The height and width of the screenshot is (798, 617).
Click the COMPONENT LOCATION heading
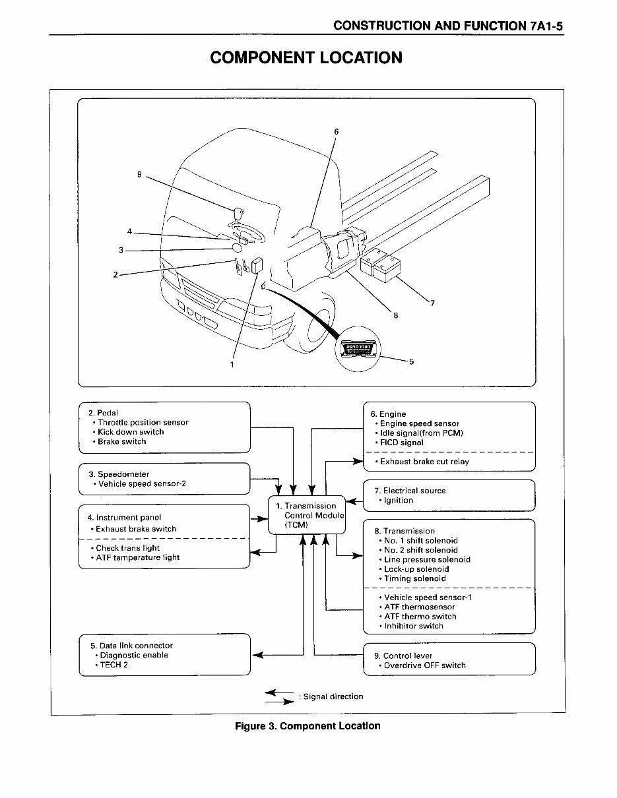(x=306, y=57)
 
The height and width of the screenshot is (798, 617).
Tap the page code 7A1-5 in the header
(x=546, y=26)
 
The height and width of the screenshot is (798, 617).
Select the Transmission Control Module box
(x=307, y=515)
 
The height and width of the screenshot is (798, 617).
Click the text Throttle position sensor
(x=143, y=423)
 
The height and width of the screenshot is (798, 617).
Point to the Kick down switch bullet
(x=131, y=432)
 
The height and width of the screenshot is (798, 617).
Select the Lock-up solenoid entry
(x=416, y=569)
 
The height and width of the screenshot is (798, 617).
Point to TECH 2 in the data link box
(x=114, y=665)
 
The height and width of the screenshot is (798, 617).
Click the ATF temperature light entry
(x=137, y=558)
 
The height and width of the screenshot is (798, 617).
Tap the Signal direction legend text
(x=333, y=696)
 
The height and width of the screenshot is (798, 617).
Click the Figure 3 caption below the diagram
(x=308, y=726)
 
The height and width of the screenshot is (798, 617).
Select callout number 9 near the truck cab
(x=139, y=175)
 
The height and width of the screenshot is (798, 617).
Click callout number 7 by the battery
(x=432, y=303)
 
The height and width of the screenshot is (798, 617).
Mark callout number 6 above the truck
(x=336, y=132)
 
